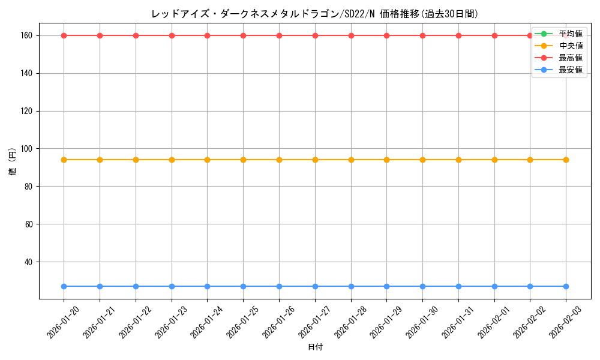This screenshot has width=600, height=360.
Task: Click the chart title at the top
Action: (x=315, y=14)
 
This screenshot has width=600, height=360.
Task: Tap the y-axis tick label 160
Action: (x=28, y=36)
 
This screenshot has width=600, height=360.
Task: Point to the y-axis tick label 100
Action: (x=28, y=149)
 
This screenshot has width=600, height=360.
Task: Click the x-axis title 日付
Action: (x=315, y=347)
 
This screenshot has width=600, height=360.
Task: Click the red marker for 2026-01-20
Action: (x=64, y=35)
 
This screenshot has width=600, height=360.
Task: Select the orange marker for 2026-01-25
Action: (x=243, y=160)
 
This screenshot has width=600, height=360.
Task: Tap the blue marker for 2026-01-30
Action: (x=422, y=286)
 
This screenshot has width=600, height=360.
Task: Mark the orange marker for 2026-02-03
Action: (x=566, y=160)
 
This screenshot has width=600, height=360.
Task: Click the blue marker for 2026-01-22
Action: (x=136, y=286)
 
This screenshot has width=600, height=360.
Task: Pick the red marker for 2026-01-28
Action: (x=351, y=35)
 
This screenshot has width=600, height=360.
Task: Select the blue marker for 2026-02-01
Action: (x=494, y=286)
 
